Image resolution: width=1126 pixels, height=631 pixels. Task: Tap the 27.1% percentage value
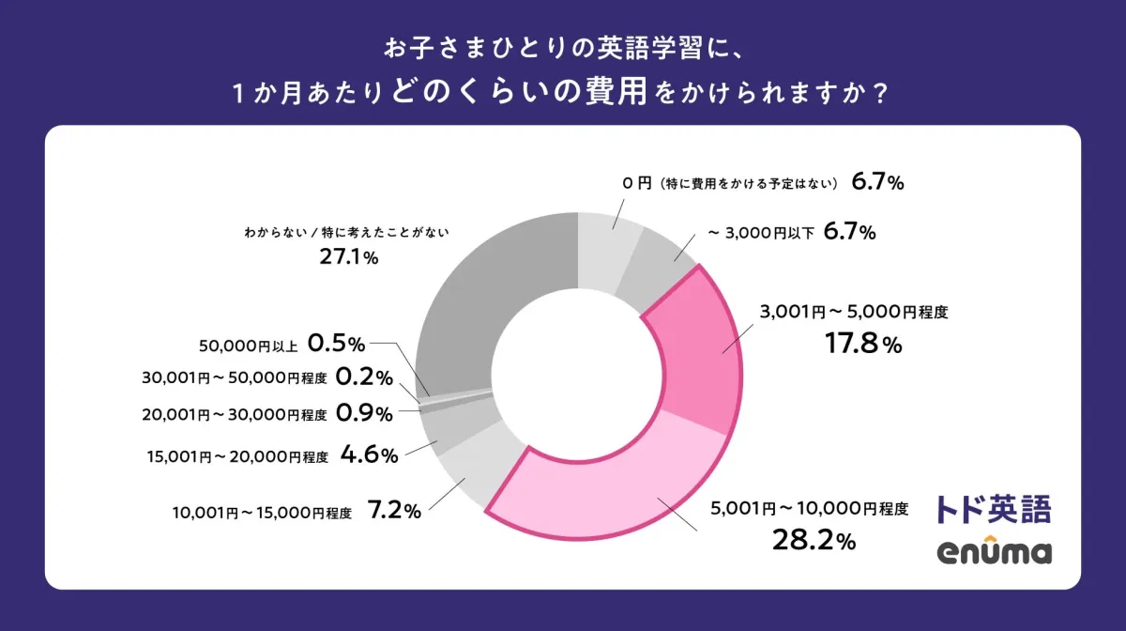tap(348, 257)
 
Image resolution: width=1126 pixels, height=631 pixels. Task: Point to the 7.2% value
tap(394, 513)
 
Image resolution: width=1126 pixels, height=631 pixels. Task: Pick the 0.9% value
tap(364, 413)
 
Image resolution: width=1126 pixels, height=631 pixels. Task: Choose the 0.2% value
tap(364, 377)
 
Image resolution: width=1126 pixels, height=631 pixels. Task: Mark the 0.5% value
tap(336, 345)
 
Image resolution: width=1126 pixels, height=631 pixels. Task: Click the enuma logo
tap(994, 552)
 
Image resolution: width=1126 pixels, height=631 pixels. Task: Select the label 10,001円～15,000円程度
tap(262, 514)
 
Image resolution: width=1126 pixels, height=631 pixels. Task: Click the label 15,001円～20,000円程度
tap(237, 457)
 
